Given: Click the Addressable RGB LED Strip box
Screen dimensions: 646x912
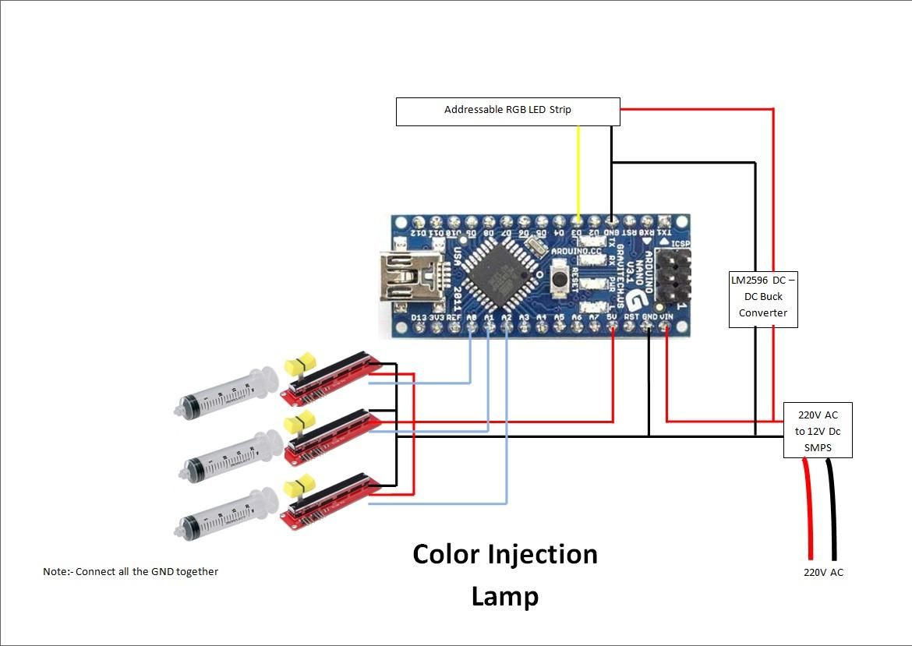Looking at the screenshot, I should (x=507, y=111).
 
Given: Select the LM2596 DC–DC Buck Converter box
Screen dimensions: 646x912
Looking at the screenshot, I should (x=763, y=296).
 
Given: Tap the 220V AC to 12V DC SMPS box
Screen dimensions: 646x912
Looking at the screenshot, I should (x=817, y=430).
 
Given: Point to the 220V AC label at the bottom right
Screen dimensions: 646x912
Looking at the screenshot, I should (x=823, y=572).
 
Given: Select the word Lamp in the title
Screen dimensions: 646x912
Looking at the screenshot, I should (x=504, y=596).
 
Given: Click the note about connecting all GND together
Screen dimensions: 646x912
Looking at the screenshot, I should (x=130, y=571).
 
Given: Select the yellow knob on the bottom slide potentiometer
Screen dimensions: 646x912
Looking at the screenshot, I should (x=299, y=485).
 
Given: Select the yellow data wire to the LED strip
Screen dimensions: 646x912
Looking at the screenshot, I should (x=578, y=171).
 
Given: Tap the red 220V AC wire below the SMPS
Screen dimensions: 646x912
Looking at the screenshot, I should (x=808, y=507).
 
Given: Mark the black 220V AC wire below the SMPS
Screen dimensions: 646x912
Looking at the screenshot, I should (x=832, y=507).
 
